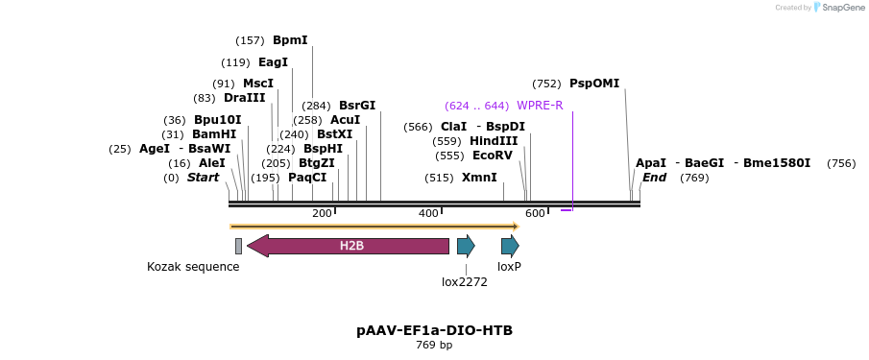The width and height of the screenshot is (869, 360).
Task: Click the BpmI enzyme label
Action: (290, 40)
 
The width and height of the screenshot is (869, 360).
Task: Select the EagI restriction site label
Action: (273, 62)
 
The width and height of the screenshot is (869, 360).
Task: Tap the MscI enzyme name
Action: (257, 84)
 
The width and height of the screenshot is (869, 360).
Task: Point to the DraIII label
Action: (244, 98)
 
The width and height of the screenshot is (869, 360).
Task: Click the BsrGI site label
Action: (357, 106)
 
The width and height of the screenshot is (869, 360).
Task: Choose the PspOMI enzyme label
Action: (594, 84)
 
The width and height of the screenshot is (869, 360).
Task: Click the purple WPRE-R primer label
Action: (540, 106)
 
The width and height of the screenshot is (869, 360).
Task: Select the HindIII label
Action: (494, 141)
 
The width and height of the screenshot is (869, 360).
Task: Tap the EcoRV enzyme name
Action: (493, 156)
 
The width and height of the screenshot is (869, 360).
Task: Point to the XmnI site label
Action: (479, 178)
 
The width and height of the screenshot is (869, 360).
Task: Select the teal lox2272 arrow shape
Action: (466, 246)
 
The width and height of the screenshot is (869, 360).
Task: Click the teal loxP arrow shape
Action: (510, 246)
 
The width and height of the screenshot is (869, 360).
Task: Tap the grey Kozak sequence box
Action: (238, 246)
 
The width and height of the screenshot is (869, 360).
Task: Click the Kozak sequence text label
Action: (193, 267)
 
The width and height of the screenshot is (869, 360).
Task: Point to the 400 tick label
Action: (428, 213)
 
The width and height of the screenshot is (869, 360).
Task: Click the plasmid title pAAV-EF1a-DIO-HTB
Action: (434, 330)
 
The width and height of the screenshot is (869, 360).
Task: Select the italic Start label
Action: (203, 178)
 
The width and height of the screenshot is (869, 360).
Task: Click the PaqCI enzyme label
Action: (307, 178)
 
